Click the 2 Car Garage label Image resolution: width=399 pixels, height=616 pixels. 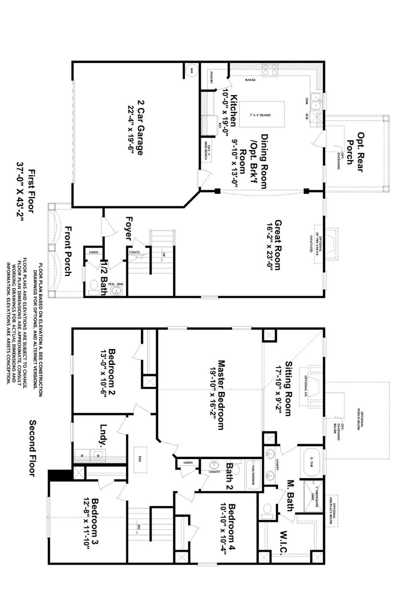click(140, 128)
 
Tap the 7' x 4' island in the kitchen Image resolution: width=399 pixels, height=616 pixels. click(262, 114)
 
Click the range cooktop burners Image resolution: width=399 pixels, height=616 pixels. click(270, 70)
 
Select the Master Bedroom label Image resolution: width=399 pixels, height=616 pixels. click(221, 395)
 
